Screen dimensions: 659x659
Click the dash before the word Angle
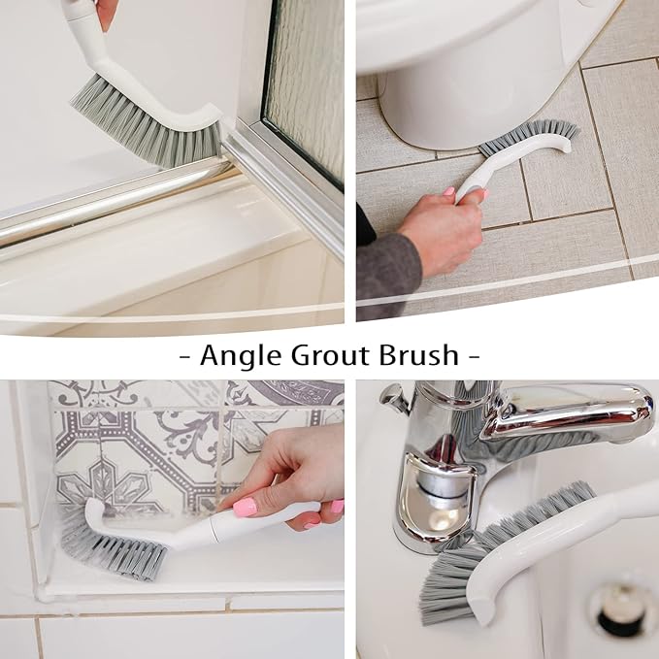click(x=185, y=355)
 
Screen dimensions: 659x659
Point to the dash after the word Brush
click(x=474, y=355)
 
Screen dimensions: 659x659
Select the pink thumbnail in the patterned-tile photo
click(x=245, y=507)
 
